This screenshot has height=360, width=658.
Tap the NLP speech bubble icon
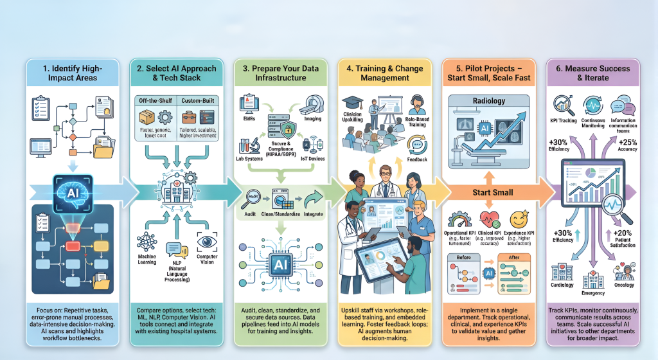point(173,249)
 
